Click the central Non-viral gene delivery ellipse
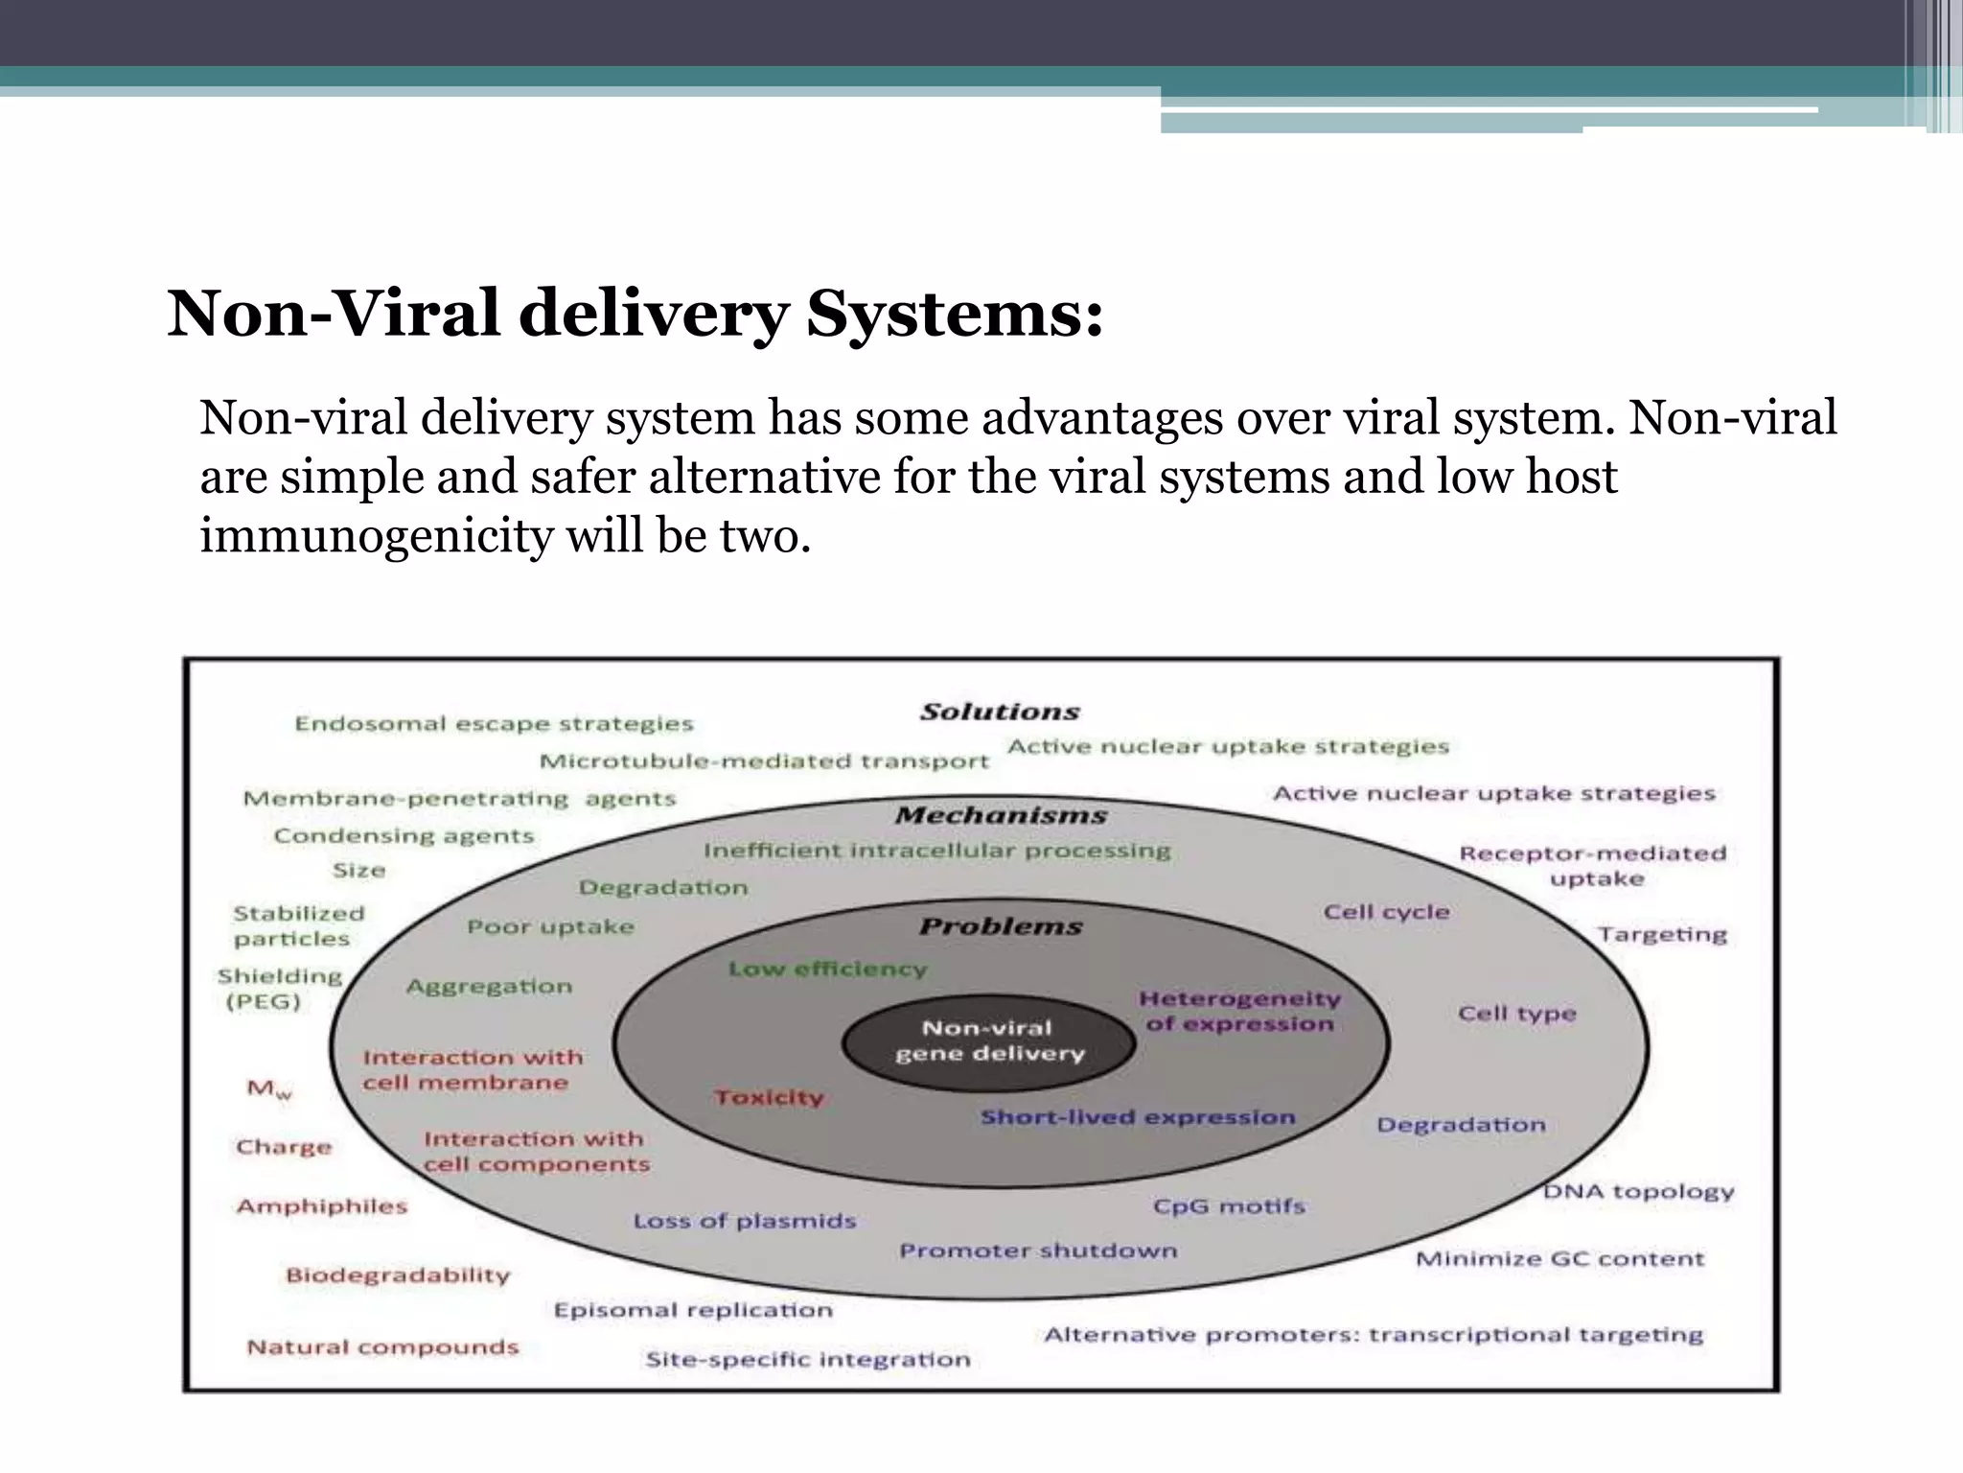click(x=988, y=1041)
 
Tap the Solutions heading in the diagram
click(x=1000, y=712)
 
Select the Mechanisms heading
click(x=1001, y=815)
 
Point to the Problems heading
click(x=1001, y=926)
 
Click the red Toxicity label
click(x=769, y=1097)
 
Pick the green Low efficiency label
click(x=827, y=969)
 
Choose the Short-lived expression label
click(x=1138, y=1117)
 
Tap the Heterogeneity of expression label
click(x=1239, y=1011)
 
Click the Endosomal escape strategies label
click(x=494, y=723)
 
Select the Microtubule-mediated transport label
click(x=764, y=761)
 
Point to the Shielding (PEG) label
click(x=279, y=989)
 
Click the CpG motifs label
click(x=1229, y=1205)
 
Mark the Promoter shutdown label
click(x=1038, y=1251)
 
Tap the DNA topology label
click(x=1638, y=1191)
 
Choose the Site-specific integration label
click(x=807, y=1359)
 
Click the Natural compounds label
click(x=382, y=1346)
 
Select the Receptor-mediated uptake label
click(x=1592, y=865)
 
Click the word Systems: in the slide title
click(x=955, y=314)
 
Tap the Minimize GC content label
click(x=1559, y=1258)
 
